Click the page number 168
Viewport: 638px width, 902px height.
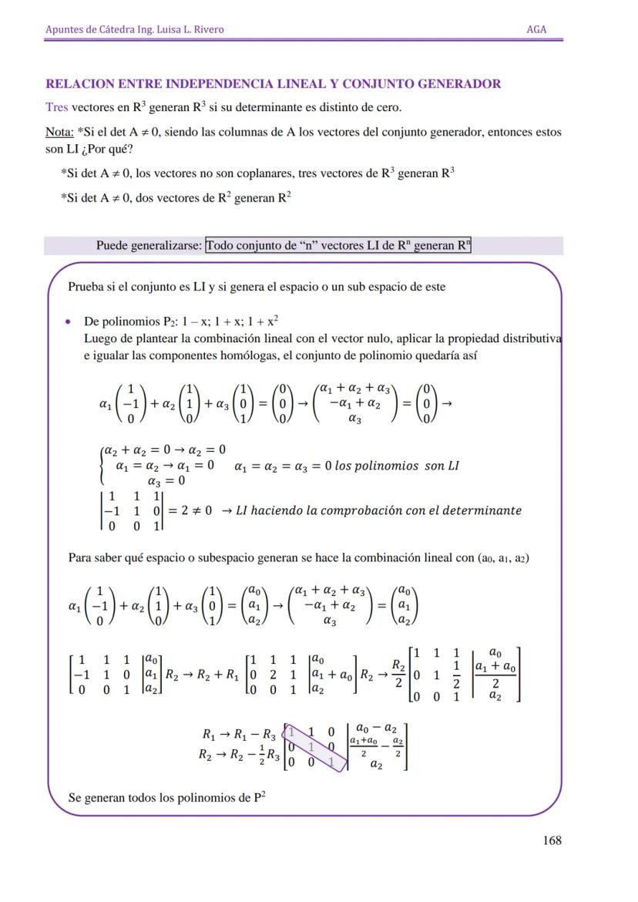(x=552, y=840)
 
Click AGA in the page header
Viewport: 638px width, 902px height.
(x=536, y=29)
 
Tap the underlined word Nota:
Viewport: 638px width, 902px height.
(x=59, y=132)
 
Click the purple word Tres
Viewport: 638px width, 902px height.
(x=56, y=107)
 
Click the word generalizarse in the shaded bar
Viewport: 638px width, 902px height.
(x=166, y=246)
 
